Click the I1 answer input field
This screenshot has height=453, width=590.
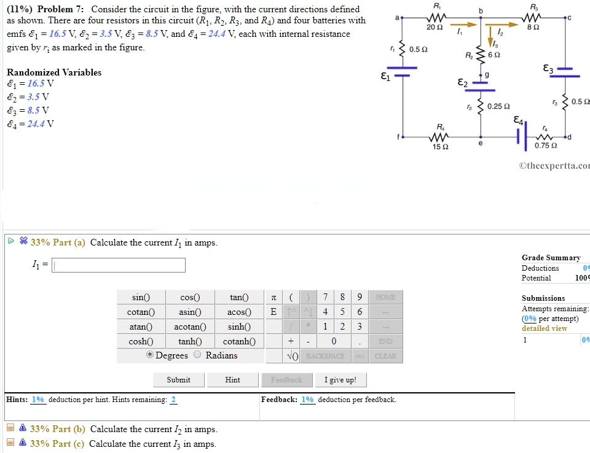[x=119, y=265]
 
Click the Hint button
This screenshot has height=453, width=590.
[x=233, y=380]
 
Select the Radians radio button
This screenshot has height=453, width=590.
[x=198, y=355]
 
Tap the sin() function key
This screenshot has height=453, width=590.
[x=141, y=297]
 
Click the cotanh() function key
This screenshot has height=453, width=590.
[x=239, y=341]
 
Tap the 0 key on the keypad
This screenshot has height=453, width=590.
[x=333, y=341]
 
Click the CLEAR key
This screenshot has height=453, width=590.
[x=385, y=356]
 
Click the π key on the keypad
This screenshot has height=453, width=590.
[x=273, y=297]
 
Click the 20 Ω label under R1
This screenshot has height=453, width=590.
[x=435, y=28]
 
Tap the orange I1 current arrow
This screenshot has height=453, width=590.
[x=466, y=25]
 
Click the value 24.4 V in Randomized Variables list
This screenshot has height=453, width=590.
[x=37, y=123]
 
